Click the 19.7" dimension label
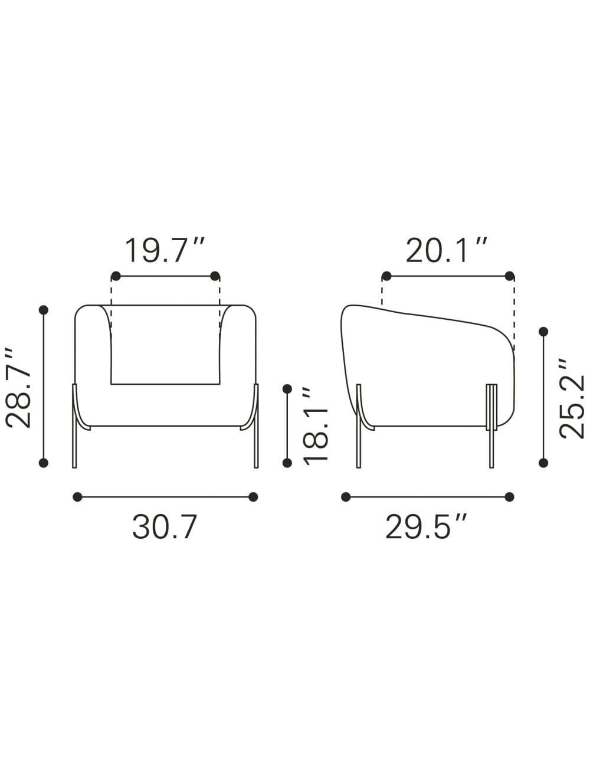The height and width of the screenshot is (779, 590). point(165,251)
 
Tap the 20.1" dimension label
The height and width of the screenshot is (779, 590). point(446,251)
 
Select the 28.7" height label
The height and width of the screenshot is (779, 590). point(18,388)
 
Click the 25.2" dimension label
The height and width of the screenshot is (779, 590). point(571,398)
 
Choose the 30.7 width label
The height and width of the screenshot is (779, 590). point(165,528)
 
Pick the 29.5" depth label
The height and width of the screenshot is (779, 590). point(426,528)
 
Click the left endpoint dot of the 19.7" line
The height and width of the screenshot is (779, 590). point(116,276)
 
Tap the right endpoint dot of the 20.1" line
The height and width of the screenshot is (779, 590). point(509,276)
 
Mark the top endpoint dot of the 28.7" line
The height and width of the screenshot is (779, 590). point(44,310)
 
